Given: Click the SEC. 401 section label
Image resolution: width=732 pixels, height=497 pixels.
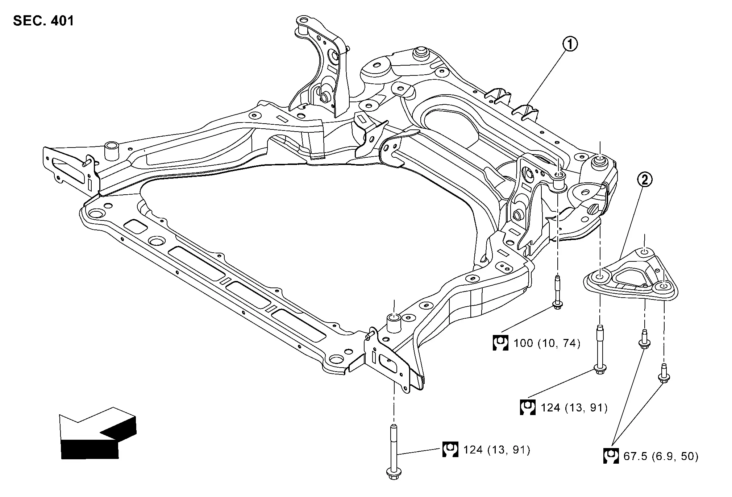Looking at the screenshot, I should (43, 21).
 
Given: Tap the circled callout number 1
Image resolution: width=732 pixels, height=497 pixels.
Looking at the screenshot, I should (570, 45).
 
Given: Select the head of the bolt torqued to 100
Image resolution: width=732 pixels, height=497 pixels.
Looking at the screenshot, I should (557, 306).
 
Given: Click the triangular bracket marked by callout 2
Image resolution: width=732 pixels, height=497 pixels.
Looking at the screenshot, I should (631, 279).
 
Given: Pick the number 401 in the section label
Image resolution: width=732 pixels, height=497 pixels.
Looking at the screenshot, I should (62, 21).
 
